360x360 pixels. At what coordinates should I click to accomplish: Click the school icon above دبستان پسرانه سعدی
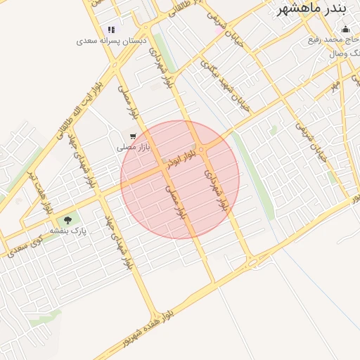point(111,30)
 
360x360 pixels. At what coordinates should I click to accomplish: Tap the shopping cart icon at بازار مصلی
point(131,136)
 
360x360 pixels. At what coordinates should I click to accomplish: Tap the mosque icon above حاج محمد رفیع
point(345,30)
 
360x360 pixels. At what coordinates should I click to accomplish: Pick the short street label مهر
point(335,85)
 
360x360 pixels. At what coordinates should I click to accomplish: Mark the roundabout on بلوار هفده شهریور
point(253,264)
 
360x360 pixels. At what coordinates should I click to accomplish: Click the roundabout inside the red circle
point(201,148)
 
